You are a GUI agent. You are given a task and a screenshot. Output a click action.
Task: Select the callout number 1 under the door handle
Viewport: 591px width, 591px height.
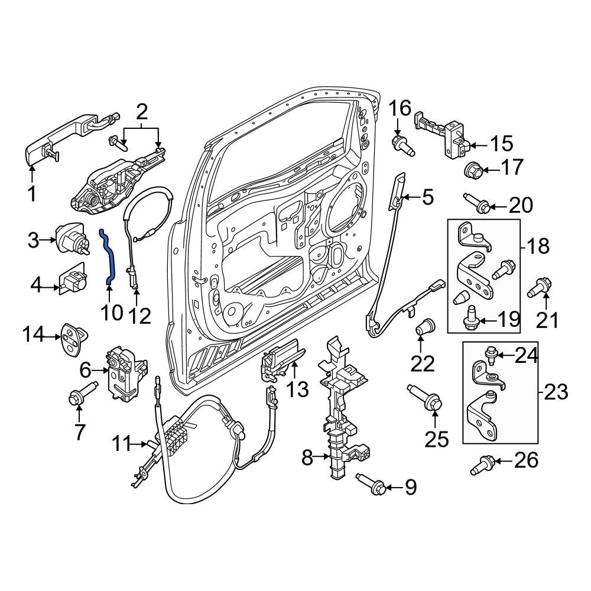click(31, 193)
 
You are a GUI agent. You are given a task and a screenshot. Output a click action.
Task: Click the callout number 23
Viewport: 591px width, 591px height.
click(556, 392)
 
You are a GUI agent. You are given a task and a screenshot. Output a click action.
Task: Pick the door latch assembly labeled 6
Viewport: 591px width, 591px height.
click(125, 371)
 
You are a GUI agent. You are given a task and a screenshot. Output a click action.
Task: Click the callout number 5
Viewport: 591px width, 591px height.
click(427, 197)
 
